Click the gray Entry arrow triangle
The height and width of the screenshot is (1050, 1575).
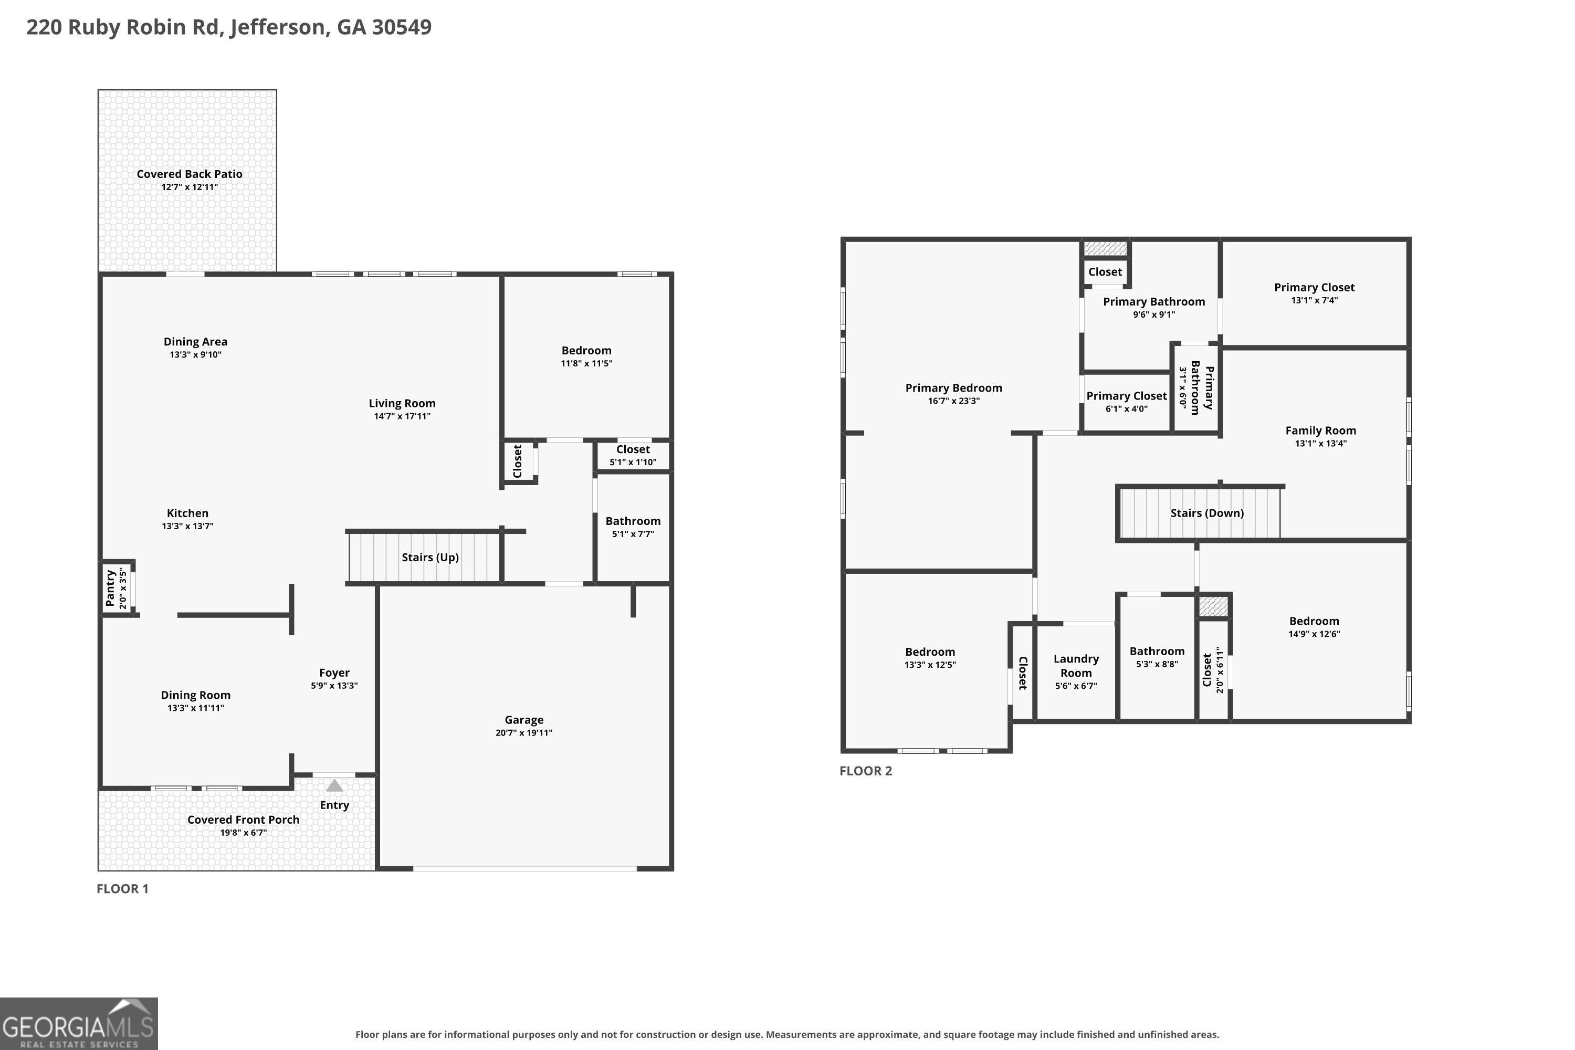334,785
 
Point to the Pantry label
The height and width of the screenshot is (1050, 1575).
110,588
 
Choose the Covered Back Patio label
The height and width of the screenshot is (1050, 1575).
190,174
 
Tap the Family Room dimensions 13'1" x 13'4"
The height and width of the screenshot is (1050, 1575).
1320,443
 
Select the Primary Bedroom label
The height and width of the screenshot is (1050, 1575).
953,388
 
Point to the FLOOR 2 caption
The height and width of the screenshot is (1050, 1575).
866,771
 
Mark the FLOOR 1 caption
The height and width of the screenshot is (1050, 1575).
122,889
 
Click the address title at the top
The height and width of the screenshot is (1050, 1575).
229,27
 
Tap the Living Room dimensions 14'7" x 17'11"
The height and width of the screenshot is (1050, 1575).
402,416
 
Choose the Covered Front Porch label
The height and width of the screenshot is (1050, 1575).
243,820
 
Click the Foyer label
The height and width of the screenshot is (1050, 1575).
334,673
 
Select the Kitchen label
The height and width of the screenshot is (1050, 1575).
187,513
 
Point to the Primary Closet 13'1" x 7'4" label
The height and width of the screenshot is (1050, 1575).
1315,293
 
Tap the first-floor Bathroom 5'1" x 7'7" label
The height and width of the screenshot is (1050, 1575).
633,527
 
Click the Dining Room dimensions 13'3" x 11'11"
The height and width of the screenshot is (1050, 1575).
195,708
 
